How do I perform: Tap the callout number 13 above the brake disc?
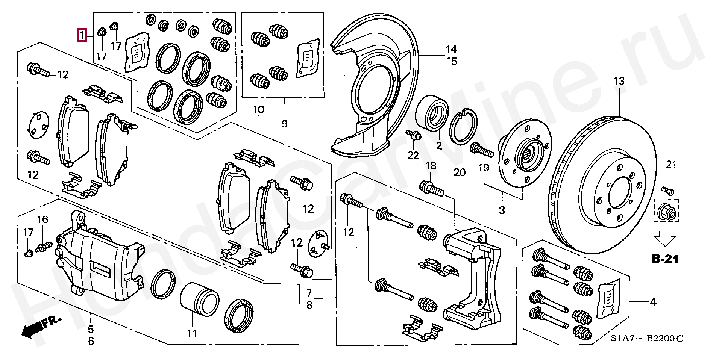point(619,81)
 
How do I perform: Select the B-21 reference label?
point(665,259)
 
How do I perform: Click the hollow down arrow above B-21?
point(665,238)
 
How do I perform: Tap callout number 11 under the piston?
point(192,333)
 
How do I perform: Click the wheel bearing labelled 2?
point(432,112)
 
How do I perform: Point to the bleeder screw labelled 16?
point(44,247)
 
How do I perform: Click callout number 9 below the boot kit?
point(284,124)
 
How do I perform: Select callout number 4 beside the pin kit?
point(653,302)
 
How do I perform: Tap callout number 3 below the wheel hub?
point(502,210)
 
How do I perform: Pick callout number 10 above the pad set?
point(258,110)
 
